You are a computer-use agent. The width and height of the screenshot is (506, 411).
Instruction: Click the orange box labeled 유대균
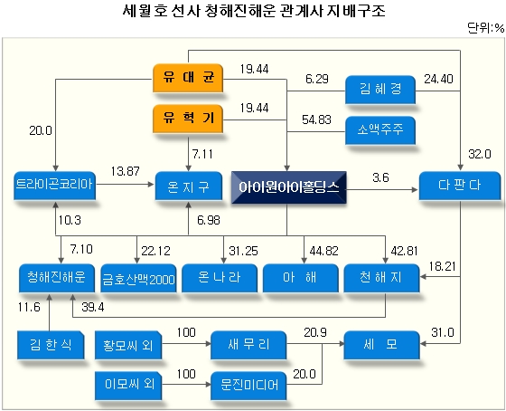click(x=188, y=78)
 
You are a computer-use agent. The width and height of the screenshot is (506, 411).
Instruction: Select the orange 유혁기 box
click(x=188, y=119)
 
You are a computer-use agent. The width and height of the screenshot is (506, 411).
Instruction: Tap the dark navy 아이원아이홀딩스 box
click(x=289, y=187)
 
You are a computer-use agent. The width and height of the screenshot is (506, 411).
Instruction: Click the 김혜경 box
click(x=380, y=90)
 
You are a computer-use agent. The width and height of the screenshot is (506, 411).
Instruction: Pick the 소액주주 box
click(x=380, y=130)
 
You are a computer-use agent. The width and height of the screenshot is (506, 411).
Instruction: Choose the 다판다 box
click(x=460, y=186)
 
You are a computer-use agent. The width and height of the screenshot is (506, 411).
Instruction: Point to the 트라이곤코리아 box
click(x=54, y=186)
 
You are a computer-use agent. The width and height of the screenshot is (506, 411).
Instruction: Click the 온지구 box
click(x=189, y=186)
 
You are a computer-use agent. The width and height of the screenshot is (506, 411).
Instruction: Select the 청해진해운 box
click(x=57, y=278)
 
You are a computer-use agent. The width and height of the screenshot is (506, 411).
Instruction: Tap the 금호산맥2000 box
click(x=139, y=278)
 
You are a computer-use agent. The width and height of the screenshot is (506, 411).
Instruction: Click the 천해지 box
click(x=381, y=278)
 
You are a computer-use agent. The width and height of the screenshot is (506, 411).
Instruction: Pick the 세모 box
click(x=381, y=345)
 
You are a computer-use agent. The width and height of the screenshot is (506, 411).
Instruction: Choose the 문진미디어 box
click(x=248, y=386)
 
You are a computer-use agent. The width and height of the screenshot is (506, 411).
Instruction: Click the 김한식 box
click(x=51, y=345)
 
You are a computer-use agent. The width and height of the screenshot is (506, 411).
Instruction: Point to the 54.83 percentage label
click(x=316, y=120)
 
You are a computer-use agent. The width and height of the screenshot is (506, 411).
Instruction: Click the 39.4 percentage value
click(x=93, y=307)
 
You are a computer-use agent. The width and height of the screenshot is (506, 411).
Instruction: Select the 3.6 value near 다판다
click(x=380, y=177)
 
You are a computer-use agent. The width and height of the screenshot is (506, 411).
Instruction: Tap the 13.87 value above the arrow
click(x=126, y=171)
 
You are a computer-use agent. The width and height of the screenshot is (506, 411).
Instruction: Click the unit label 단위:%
click(x=486, y=28)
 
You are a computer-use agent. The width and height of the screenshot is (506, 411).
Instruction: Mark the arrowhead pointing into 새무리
click(x=207, y=344)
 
